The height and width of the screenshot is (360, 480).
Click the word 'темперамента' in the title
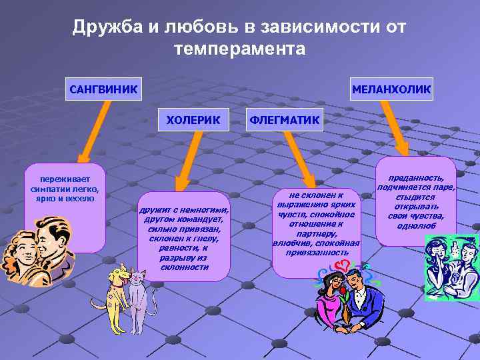pos(239,49)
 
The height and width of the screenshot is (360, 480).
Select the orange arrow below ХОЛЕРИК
pos(187,160)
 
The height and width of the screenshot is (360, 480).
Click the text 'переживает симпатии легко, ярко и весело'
pos(65,189)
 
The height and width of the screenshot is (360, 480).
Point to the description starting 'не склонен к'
pos(317,223)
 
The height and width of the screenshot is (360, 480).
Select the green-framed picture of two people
pos(451,267)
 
